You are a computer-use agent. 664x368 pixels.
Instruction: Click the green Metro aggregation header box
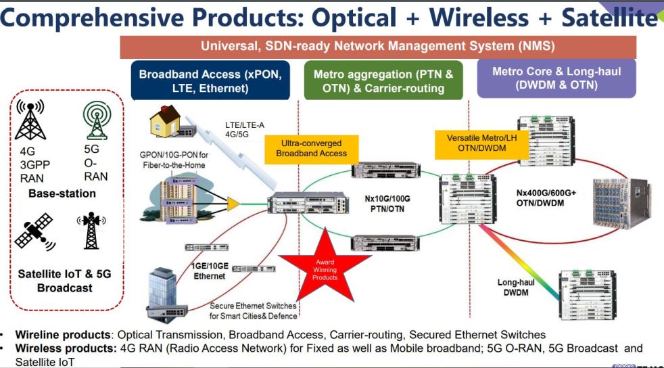(383, 80)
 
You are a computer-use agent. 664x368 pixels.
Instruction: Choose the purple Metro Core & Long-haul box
(556, 78)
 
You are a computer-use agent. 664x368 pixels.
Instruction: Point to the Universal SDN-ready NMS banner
(378, 47)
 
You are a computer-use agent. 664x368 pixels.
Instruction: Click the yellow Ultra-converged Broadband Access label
(311, 148)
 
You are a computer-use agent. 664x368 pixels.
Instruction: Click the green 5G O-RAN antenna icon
(95, 120)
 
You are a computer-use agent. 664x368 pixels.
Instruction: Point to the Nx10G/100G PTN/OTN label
(388, 204)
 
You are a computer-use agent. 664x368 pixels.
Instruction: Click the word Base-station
(62, 193)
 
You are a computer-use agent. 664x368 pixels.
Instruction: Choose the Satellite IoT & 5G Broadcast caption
(65, 281)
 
